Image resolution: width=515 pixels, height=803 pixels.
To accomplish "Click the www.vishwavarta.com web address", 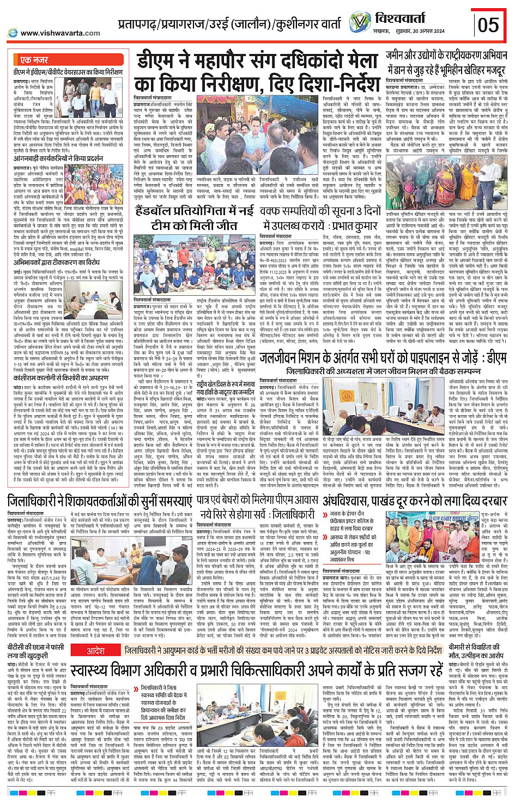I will click(60, 33).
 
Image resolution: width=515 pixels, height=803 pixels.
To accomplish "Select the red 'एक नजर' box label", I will click(34, 60).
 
